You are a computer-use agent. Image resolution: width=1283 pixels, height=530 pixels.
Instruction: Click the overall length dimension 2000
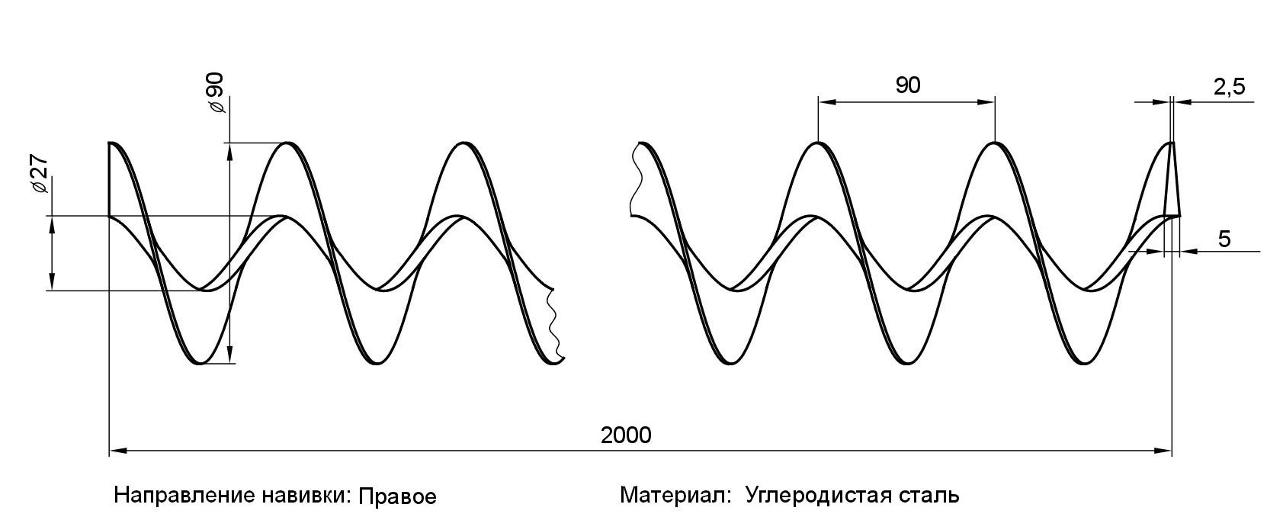point(626,435)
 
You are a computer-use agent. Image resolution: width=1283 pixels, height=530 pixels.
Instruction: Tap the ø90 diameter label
point(215,93)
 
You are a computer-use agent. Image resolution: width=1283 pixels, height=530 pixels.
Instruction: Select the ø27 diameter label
point(39,177)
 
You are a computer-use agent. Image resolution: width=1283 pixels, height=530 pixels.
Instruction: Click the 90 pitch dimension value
point(907,85)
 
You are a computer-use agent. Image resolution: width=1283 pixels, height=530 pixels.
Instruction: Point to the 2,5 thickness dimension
point(1229,87)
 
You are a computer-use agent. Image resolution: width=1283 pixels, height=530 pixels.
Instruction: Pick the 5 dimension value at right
point(1224,239)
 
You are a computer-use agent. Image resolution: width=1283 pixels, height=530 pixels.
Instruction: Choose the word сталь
point(932,496)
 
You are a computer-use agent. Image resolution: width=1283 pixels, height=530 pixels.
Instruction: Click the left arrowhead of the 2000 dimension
point(116,451)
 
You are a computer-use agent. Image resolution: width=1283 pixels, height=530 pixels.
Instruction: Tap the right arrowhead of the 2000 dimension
point(1165,451)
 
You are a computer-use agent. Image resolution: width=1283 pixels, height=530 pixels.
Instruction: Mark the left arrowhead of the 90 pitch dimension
point(823,101)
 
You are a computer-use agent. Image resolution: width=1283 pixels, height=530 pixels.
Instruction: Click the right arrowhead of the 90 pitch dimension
point(989,101)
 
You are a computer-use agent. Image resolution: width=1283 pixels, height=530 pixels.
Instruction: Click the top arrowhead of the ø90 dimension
point(229,149)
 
